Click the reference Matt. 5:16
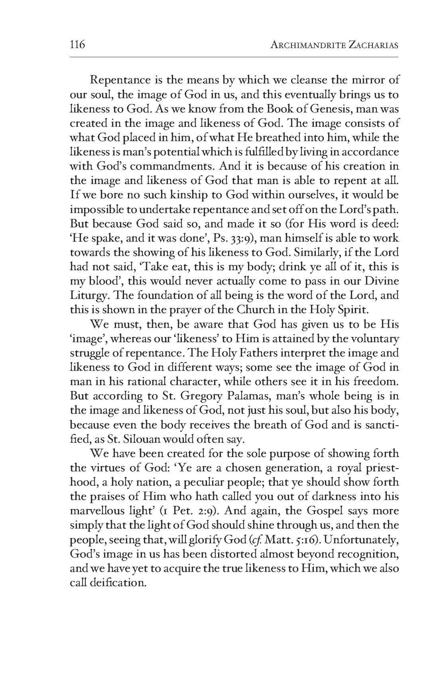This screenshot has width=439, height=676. click(x=291, y=540)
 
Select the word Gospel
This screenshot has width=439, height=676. click(x=325, y=511)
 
